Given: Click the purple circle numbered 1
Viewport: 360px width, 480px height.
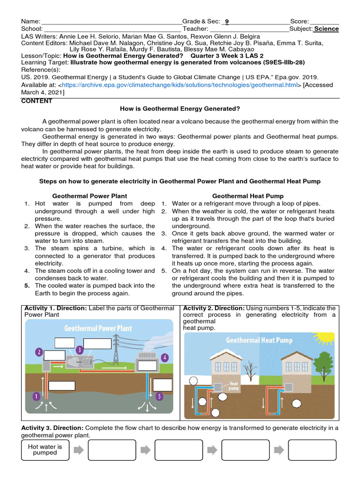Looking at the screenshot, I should click(36, 396).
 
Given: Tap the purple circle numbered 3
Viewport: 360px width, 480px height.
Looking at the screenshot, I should click(80, 349).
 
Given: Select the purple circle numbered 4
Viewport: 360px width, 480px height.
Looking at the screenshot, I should click(165, 357).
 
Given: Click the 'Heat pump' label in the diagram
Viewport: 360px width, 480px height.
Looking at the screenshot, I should click(233, 386).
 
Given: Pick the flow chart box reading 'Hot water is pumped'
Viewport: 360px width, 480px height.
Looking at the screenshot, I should click(45, 450).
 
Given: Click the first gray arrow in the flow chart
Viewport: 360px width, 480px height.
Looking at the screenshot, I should click(79, 450).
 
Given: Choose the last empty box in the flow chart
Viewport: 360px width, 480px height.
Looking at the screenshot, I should click(312, 450).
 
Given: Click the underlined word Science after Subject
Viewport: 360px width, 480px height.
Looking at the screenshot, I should click(326, 29).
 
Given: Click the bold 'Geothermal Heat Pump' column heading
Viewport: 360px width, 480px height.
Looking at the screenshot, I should click(247, 196).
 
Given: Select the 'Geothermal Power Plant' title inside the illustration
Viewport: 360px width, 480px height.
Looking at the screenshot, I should click(98, 328).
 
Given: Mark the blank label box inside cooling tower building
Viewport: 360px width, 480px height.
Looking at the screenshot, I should click(147, 366).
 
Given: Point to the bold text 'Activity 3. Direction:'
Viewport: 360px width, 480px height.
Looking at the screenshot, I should click(52, 428).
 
